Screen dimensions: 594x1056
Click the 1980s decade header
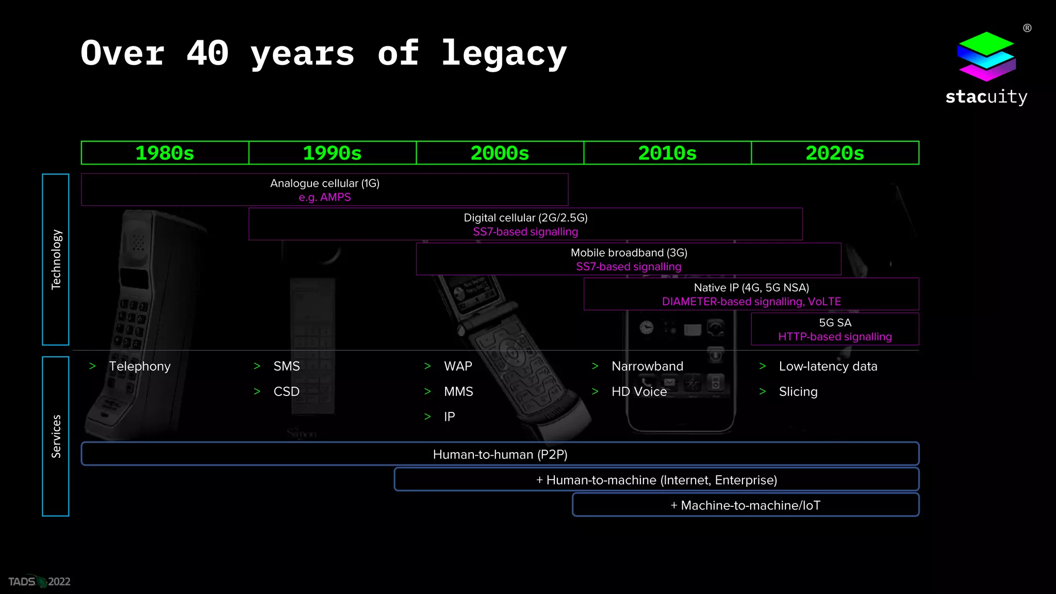point(164,153)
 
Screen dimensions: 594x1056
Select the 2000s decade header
point(500,153)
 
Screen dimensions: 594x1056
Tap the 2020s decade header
point(835,153)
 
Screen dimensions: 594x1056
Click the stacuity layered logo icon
point(986,56)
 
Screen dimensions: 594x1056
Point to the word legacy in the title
point(504,54)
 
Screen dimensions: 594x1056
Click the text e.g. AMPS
point(325,197)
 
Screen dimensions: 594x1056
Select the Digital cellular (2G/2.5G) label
point(525,218)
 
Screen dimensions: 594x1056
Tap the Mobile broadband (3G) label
point(629,253)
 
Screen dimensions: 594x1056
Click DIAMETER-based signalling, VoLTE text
point(751,302)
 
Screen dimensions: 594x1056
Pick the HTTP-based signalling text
point(835,337)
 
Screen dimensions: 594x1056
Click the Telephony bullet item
point(140,366)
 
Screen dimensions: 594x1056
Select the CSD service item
point(287,391)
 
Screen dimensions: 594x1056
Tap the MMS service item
point(458,391)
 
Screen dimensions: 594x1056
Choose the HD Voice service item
point(639,391)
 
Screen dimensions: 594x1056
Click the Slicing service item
point(798,391)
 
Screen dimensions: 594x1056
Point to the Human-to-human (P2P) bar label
point(500,454)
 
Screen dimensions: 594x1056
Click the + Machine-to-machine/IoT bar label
point(746,505)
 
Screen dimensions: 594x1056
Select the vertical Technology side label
point(56,259)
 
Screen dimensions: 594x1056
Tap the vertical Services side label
point(56,436)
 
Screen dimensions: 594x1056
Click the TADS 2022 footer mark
point(39,582)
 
